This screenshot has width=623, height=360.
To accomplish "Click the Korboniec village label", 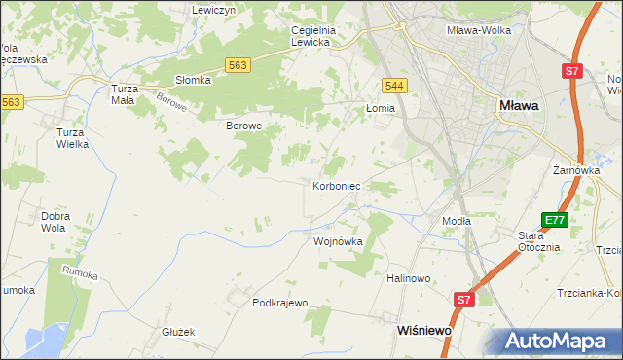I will [x=337, y=185].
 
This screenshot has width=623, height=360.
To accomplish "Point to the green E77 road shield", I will [x=555, y=221].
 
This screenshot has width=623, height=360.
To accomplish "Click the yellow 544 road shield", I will [x=394, y=86].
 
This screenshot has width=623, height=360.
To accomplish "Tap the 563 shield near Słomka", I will [x=238, y=64].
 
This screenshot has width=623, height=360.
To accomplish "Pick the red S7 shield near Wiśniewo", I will [x=464, y=301].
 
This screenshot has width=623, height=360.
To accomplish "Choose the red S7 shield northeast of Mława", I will [x=573, y=71].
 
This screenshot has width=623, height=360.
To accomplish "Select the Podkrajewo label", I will [x=279, y=303].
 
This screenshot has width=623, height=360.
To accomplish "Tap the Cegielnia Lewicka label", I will [x=312, y=36].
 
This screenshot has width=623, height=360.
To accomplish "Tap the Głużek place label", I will [x=179, y=332].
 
